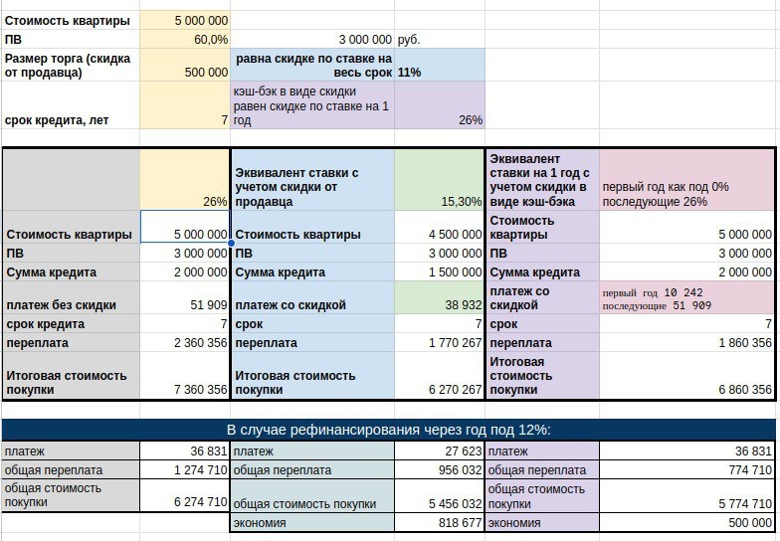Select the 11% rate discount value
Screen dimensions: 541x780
tap(411, 73)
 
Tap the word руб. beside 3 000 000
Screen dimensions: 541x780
tap(409, 40)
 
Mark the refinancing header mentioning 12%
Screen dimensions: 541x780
tap(388, 430)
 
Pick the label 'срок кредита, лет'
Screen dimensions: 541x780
tap(57, 120)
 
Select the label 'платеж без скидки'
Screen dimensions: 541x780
tap(62, 305)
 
